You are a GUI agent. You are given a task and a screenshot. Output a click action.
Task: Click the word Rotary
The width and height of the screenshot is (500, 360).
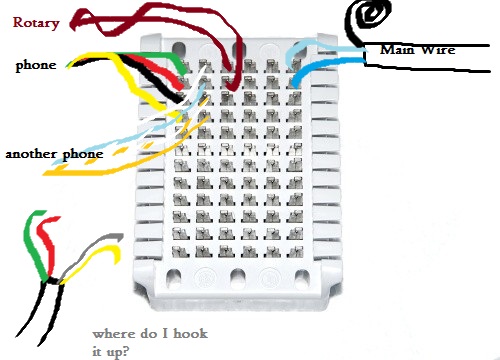[36, 23]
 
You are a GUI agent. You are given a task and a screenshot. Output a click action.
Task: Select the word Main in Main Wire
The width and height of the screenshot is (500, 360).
[397, 50]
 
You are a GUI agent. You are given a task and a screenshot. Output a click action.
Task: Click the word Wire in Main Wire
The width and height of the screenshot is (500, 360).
[438, 50]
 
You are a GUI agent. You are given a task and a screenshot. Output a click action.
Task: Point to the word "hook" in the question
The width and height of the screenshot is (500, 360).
[190, 333]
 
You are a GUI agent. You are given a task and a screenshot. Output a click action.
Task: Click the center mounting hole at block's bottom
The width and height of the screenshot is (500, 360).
[237, 277]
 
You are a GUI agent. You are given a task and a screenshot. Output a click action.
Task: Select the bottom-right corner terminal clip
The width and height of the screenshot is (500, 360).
[294, 251]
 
